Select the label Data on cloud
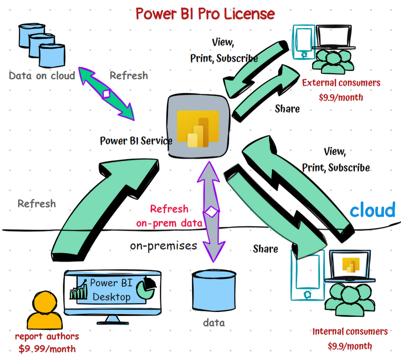42,76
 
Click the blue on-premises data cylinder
214,293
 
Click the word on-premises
163,246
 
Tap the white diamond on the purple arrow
213,211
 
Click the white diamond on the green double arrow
106,94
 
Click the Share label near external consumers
287,108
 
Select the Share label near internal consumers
266,248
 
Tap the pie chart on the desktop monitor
148,288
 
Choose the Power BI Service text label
136,141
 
